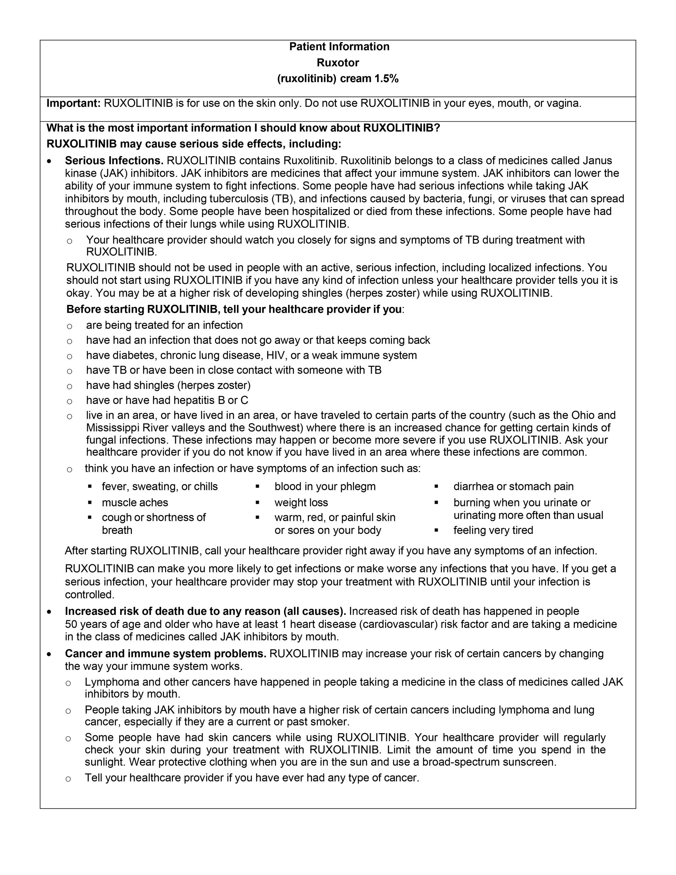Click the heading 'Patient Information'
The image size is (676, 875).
(339, 47)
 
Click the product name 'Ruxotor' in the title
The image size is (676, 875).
(338, 63)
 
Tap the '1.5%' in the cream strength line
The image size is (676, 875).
(386, 79)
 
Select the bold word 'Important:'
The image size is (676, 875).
(74, 103)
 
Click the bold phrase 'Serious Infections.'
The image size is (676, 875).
(114, 161)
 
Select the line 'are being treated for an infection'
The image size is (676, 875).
(164, 325)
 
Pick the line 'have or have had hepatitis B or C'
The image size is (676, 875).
(167, 400)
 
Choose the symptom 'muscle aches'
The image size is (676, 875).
(135, 502)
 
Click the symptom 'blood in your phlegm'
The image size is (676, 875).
(325, 486)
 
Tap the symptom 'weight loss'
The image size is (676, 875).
(301, 502)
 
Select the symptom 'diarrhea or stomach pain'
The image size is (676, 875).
(513, 486)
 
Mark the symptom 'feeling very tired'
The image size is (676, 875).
(493, 530)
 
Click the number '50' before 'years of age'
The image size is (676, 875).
(72, 624)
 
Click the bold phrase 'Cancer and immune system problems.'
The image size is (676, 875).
(165, 654)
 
